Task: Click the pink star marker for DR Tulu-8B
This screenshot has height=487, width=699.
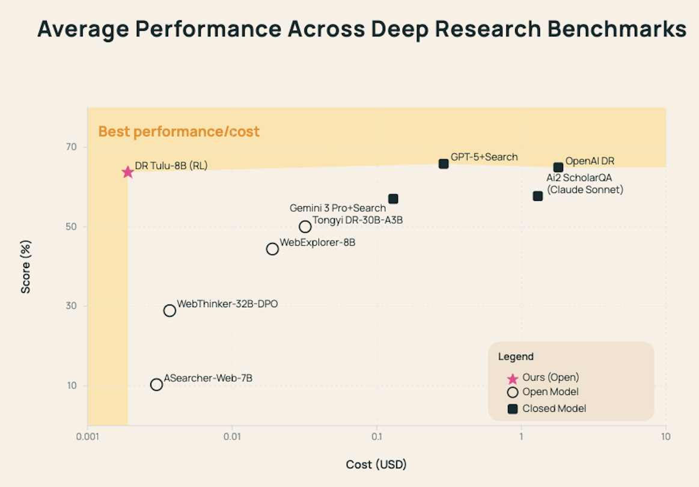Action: pos(127,173)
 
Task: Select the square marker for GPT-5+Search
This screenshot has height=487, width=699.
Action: pos(444,164)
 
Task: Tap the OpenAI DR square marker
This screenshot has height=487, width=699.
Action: pos(558,167)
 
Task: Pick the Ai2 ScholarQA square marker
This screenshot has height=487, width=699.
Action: pos(538,196)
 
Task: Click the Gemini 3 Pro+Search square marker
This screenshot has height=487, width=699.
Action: pos(393,199)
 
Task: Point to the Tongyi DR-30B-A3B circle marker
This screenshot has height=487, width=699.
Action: pos(305,227)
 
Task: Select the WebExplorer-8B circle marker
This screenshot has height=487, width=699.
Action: pos(272,249)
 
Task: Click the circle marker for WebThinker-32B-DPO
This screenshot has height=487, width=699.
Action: pos(169,311)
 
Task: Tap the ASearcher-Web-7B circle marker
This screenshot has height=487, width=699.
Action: pos(156,385)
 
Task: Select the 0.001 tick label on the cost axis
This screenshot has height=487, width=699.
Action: pos(88,436)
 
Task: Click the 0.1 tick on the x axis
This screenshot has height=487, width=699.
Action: pos(377,436)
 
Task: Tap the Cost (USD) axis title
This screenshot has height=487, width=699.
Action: pos(376,465)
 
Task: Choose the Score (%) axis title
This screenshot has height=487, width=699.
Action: pos(26,266)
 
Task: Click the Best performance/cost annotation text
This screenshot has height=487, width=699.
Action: pos(179,132)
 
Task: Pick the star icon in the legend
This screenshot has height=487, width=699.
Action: pos(513,379)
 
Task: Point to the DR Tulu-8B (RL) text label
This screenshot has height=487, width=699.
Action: pos(171,166)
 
